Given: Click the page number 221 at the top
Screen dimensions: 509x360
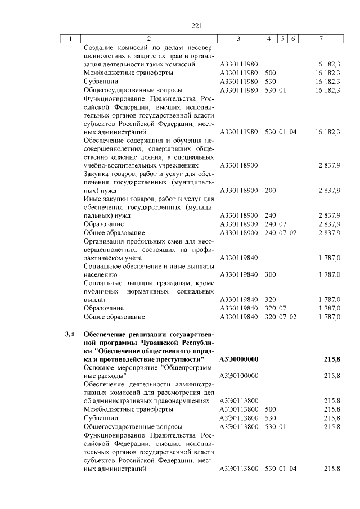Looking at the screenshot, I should point(196,25).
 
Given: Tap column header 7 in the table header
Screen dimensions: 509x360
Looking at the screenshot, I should point(321,39).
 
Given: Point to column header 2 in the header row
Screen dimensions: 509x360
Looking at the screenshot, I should point(148,39).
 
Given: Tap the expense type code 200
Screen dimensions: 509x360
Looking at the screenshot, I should point(270,190).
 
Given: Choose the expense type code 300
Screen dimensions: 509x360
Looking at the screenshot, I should point(270,274).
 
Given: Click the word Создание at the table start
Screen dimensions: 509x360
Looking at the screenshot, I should point(99,48).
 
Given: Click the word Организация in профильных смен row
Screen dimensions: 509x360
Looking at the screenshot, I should point(105,241).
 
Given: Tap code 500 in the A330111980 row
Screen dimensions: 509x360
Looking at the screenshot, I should point(270,73).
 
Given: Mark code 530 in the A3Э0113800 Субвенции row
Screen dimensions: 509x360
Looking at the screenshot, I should point(270,418).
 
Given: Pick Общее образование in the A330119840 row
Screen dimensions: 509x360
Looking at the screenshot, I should point(114,317).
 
